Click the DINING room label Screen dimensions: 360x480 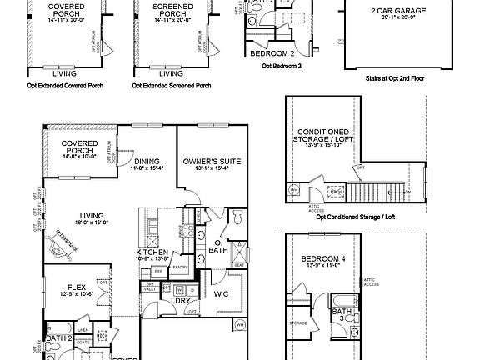click(147, 161)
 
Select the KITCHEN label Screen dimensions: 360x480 click(153, 252)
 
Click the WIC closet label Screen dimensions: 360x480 click(221, 293)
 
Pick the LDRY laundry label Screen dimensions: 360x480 click(181, 301)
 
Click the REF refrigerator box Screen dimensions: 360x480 click(157, 271)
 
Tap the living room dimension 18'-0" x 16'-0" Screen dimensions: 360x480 click(80, 222)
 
